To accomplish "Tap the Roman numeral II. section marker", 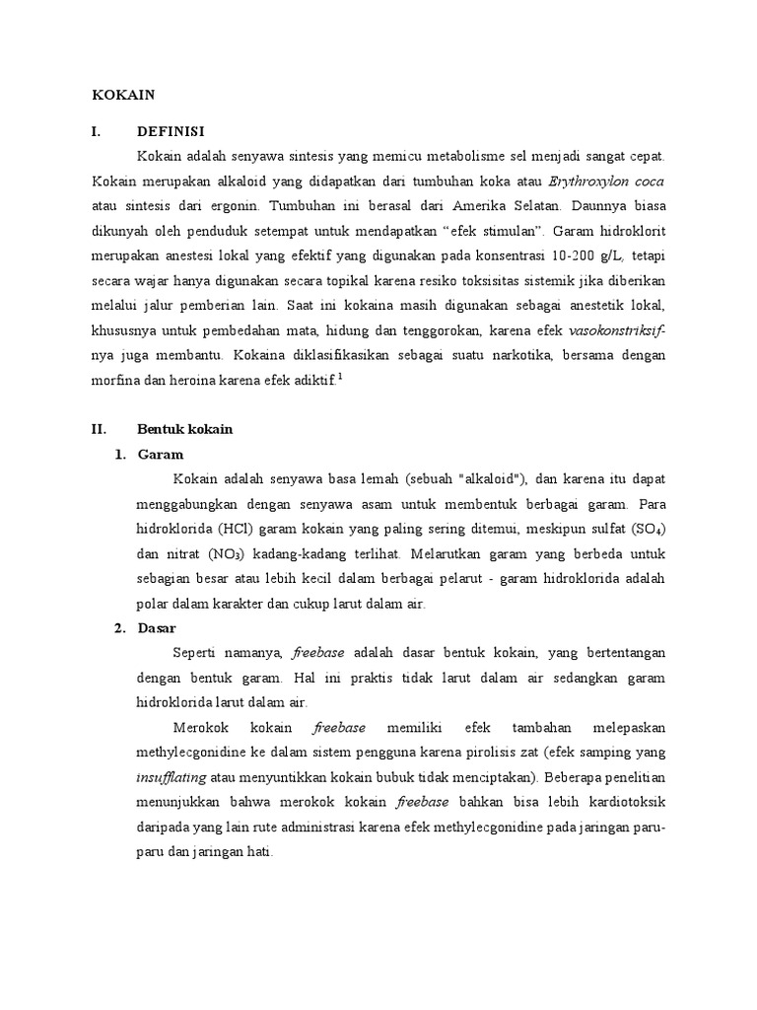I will [x=99, y=429].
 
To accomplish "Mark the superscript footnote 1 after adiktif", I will [x=340, y=374].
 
